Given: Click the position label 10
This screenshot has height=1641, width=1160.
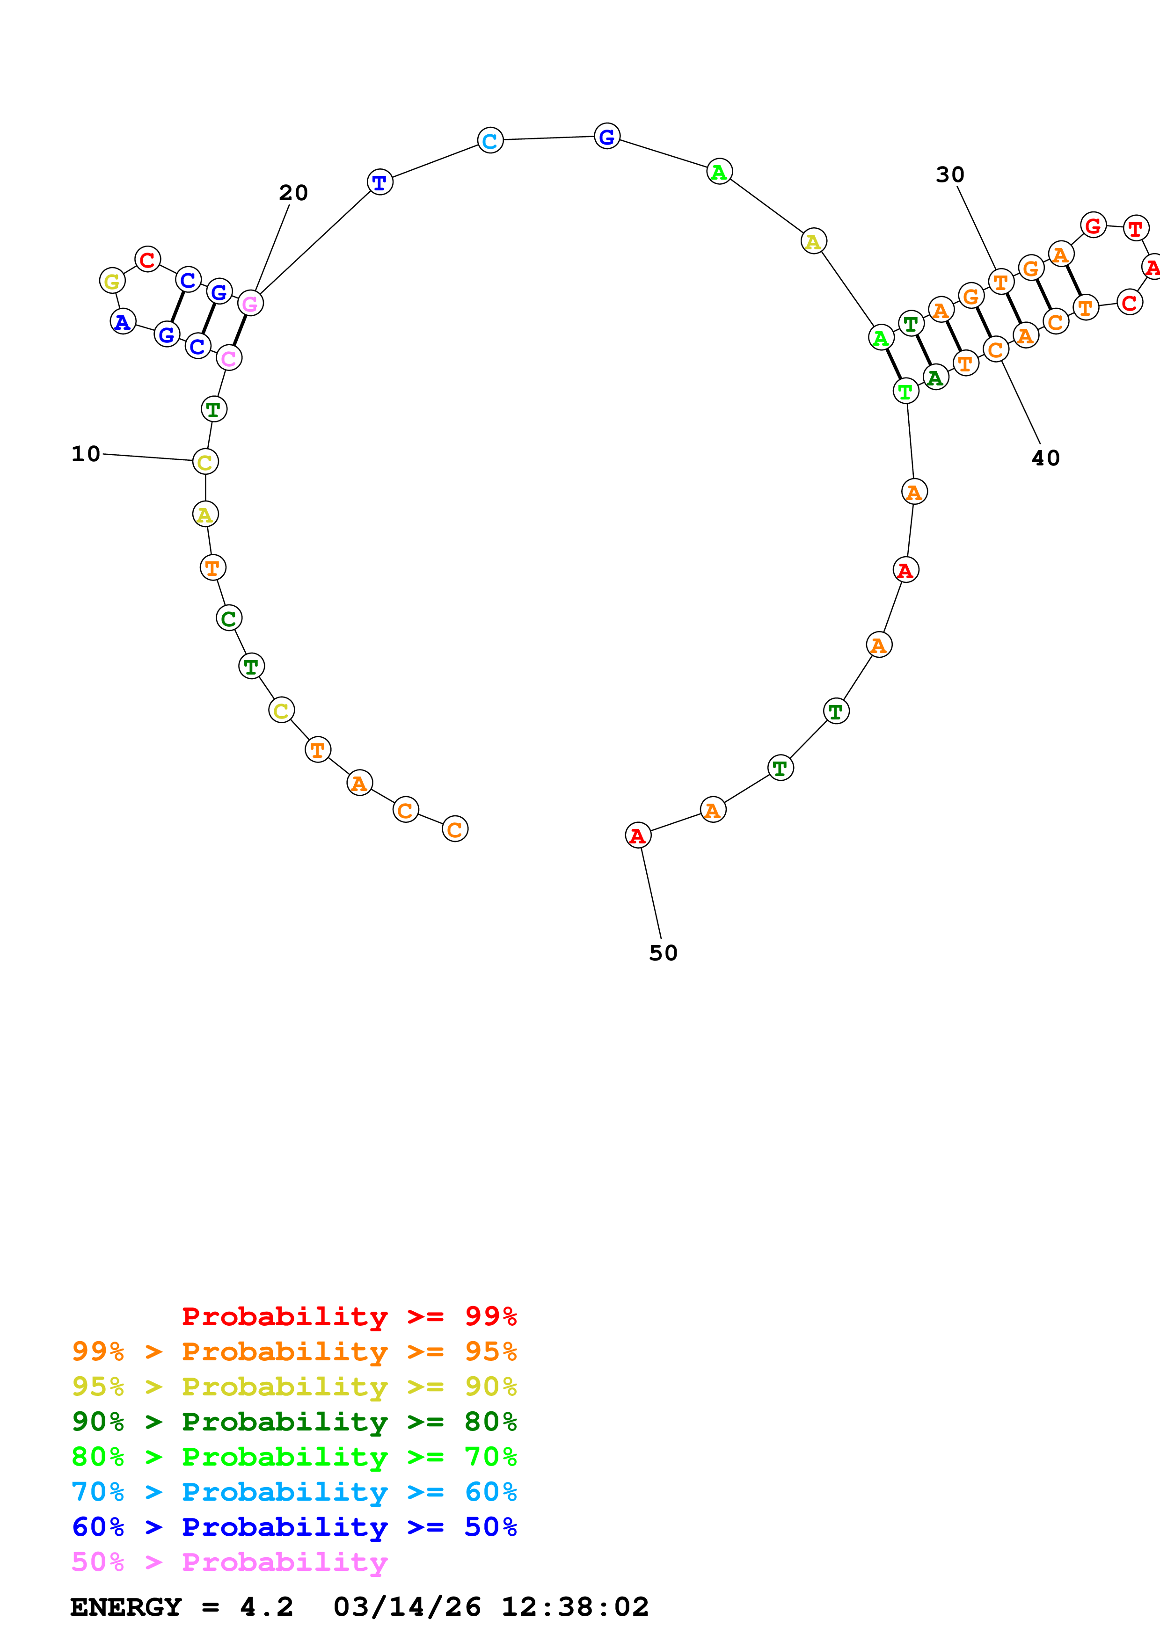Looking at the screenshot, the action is [86, 454].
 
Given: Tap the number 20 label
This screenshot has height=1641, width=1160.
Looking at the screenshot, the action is [293, 193].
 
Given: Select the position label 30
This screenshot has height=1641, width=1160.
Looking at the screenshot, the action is [950, 175].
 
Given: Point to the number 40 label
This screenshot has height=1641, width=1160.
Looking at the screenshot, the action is [1046, 458].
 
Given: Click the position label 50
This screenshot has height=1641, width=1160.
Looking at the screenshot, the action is [663, 953].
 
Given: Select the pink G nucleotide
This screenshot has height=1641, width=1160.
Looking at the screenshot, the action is [250, 303].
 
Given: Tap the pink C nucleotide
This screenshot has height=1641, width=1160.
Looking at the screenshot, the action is [229, 358].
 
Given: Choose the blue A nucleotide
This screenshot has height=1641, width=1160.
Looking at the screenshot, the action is [123, 322].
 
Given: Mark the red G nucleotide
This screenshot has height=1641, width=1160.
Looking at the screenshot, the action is [1093, 226].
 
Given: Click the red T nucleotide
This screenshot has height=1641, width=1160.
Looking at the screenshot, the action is [1136, 229].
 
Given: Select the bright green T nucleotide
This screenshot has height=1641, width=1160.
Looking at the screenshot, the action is [905, 391].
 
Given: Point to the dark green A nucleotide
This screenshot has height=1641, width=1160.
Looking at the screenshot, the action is [935, 378].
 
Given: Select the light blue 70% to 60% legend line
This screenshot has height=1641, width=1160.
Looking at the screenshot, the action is [294, 1492].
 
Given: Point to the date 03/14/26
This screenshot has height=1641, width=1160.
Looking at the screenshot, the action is [407, 1607].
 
